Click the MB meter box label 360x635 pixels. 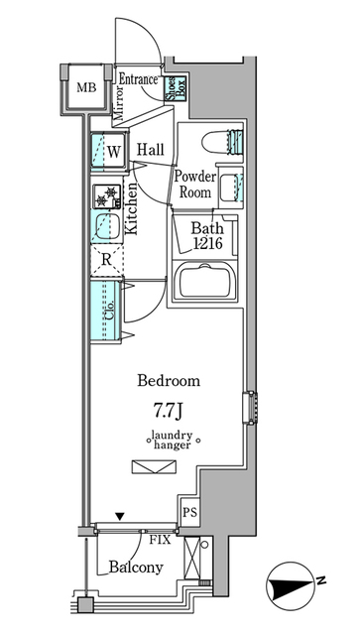[x=86, y=87]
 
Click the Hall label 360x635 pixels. [x=151, y=150]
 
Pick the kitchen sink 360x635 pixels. [x=105, y=227]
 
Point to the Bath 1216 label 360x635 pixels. [x=208, y=234]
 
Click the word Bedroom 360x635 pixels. [x=168, y=381]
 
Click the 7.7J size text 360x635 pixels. [x=167, y=407]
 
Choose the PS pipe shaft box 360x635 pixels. [x=189, y=512]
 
